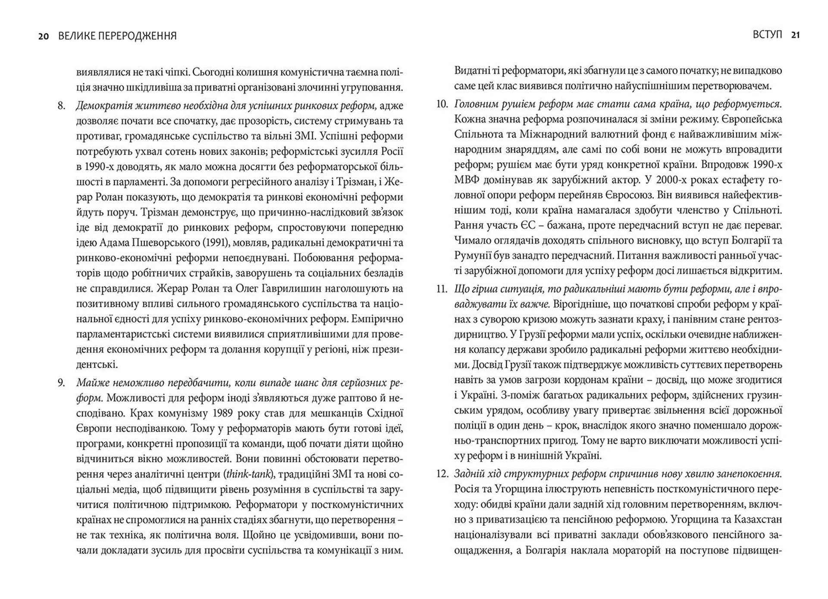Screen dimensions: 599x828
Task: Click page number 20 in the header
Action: pos(44,36)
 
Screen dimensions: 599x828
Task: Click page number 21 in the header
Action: pos(796,35)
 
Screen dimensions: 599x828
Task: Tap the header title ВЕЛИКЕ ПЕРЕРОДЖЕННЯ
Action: pos(117,36)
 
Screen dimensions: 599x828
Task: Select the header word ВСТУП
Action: pos(767,35)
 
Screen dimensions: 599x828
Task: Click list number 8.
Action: pos(61,106)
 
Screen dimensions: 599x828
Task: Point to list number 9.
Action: pos(61,383)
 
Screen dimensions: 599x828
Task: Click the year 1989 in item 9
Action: pos(223,413)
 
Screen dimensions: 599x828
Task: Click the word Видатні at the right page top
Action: pos(474,71)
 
